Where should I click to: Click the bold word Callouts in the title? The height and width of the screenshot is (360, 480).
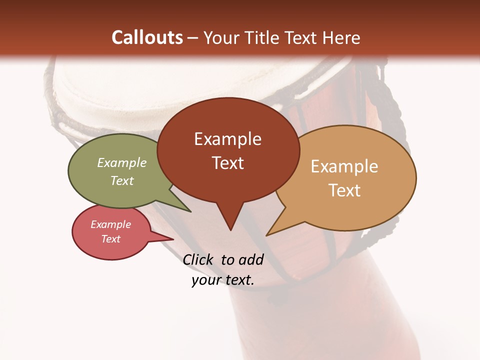point(147,37)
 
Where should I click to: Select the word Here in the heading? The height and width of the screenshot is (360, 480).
point(341,37)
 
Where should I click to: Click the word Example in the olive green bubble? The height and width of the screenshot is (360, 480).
point(122,162)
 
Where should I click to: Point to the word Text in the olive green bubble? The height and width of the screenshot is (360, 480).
point(122,180)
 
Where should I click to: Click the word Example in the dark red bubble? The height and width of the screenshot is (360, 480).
point(227,139)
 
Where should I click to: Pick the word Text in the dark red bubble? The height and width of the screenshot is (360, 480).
point(227,163)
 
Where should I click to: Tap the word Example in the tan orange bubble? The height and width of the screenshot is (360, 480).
point(344,166)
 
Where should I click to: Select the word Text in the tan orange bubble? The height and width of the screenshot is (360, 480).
point(344,190)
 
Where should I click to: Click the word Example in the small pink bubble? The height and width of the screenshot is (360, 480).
point(110,224)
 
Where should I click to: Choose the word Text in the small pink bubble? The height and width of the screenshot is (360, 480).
point(110,239)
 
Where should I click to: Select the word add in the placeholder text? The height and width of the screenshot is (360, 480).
point(251,259)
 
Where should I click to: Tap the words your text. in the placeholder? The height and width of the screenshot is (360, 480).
point(223,280)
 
